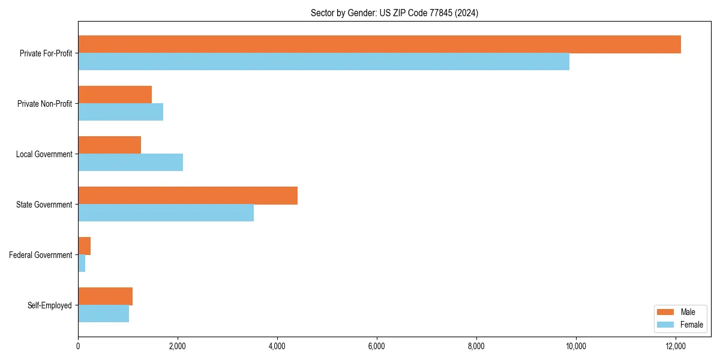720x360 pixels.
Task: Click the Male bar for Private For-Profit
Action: pyautogui.click(x=379, y=44)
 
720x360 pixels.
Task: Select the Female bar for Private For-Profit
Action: pyautogui.click(x=323, y=62)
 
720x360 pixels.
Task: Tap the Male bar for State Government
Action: pyautogui.click(x=188, y=196)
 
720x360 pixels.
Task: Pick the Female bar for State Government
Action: pyautogui.click(x=166, y=213)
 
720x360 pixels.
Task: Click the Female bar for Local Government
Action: pyautogui.click(x=130, y=163)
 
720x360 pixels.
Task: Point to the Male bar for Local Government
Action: pyautogui.click(x=109, y=145)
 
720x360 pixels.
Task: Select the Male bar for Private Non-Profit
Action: pyautogui.click(x=115, y=95)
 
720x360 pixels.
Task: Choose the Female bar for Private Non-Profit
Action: pyautogui.click(x=121, y=112)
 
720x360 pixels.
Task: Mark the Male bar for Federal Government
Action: pyautogui.click(x=84, y=246)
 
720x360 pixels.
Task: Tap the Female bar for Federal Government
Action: pyautogui.click(x=82, y=263)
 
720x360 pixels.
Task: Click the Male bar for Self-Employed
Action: pyautogui.click(x=105, y=296)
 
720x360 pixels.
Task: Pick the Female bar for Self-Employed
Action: pyautogui.click(x=103, y=314)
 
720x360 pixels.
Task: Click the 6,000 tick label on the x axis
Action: pyautogui.click(x=377, y=346)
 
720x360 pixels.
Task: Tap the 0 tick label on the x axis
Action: pyautogui.click(x=78, y=346)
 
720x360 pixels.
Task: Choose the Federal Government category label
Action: pyautogui.click(x=40, y=255)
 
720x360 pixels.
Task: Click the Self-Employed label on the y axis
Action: pyautogui.click(x=49, y=305)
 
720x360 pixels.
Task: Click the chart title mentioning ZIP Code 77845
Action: pyautogui.click(x=394, y=13)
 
